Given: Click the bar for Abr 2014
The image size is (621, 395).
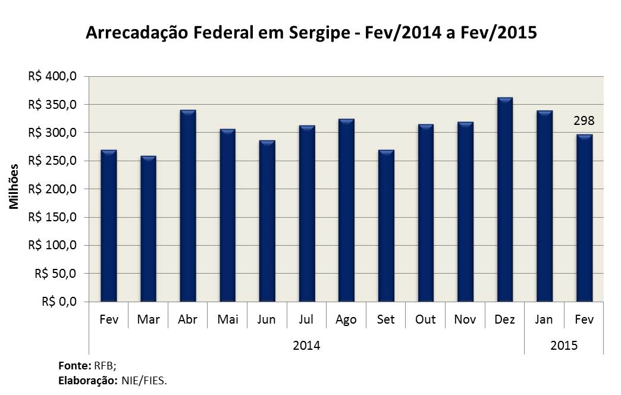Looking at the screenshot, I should pos(188,206).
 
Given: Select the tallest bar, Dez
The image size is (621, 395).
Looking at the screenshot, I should pos(504,200).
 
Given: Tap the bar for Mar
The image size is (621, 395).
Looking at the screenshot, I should pos(148,229).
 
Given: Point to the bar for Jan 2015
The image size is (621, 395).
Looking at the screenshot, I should pos(544,206).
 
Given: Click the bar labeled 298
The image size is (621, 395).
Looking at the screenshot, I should pos(584,218).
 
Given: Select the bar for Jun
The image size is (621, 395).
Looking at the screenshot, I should pos(267,221).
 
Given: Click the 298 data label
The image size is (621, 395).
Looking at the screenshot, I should pos(584,121).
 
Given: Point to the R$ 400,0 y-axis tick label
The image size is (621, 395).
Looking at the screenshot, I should pos(52,77).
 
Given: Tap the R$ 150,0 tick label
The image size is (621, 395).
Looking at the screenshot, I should pos(52,218).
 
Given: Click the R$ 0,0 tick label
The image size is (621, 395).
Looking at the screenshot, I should pos(58,302).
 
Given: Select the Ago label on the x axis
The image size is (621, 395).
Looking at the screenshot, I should pos(346,320).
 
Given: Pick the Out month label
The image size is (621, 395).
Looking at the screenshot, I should pos(425,319).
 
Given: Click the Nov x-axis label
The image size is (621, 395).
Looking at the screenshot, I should pos(465,319).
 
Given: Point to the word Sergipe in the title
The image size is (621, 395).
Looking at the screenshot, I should pos(319,33).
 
